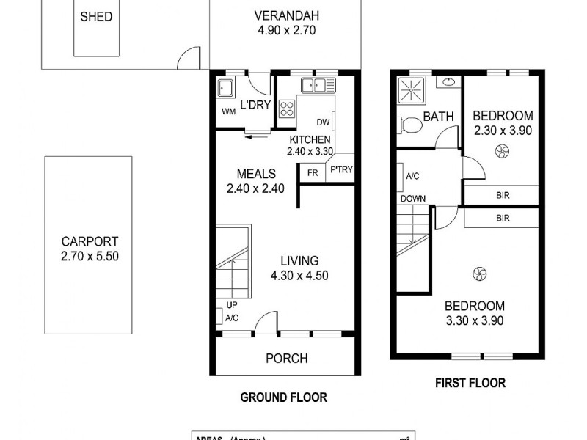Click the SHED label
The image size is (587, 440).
(96, 16)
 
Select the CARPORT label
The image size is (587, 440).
(90, 241)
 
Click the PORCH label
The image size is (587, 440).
(286, 359)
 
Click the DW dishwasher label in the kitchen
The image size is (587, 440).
(323, 122)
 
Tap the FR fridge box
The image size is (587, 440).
(312, 173)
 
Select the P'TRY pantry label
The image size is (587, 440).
(341, 170)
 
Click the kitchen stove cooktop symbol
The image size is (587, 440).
(286, 110)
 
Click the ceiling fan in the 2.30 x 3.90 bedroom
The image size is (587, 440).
(503, 152)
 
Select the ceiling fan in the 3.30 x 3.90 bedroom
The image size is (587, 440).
(478, 274)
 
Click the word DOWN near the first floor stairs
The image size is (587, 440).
(413, 198)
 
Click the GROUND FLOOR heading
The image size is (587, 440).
(283, 397)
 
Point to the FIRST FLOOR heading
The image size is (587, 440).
(470, 383)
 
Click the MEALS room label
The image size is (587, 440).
(256, 174)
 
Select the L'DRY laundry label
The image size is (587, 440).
(256, 106)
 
